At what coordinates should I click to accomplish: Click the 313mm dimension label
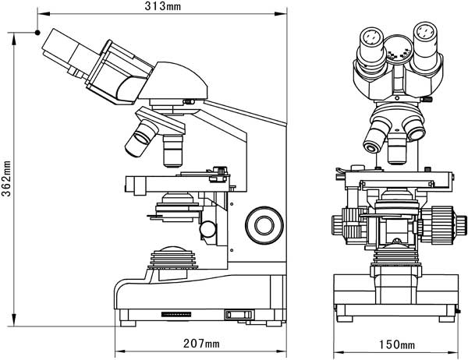(163, 6)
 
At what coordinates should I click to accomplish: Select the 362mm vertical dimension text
(6, 178)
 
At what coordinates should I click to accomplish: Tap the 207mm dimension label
(201, 344)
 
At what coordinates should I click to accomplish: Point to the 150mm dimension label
(397, 344)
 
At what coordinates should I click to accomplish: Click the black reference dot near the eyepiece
(37, 33)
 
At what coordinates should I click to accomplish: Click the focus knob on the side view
(264, 225)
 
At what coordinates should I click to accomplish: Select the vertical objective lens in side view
(173, 150)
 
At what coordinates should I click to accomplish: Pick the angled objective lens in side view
(142, 138)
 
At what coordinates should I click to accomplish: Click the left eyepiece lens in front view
(371, 37)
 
